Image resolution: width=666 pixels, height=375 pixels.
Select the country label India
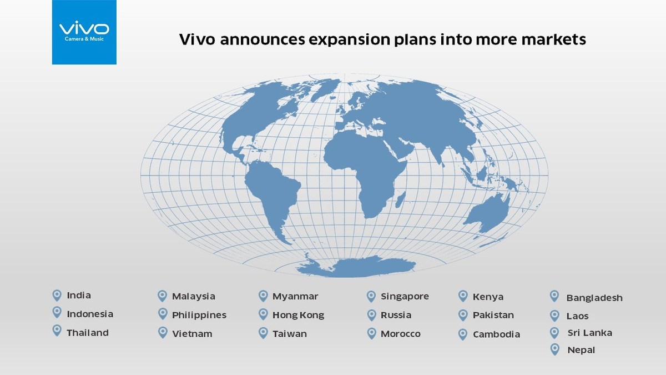point(79,295)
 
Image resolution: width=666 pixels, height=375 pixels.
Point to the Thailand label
point(88,333)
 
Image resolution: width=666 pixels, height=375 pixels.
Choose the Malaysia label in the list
point(193,296)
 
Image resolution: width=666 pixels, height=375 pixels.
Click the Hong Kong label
point(298,315)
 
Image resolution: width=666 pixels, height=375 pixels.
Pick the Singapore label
point(405,296)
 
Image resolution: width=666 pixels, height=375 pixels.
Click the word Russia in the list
point(396,315)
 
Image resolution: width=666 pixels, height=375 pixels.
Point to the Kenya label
point(488,297)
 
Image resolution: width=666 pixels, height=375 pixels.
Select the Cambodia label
point(496,334)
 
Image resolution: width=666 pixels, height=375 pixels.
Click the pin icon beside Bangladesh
point(554,296)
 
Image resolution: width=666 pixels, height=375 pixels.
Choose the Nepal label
point(581,350)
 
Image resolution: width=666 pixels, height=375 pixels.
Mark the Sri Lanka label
point(589,333)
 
